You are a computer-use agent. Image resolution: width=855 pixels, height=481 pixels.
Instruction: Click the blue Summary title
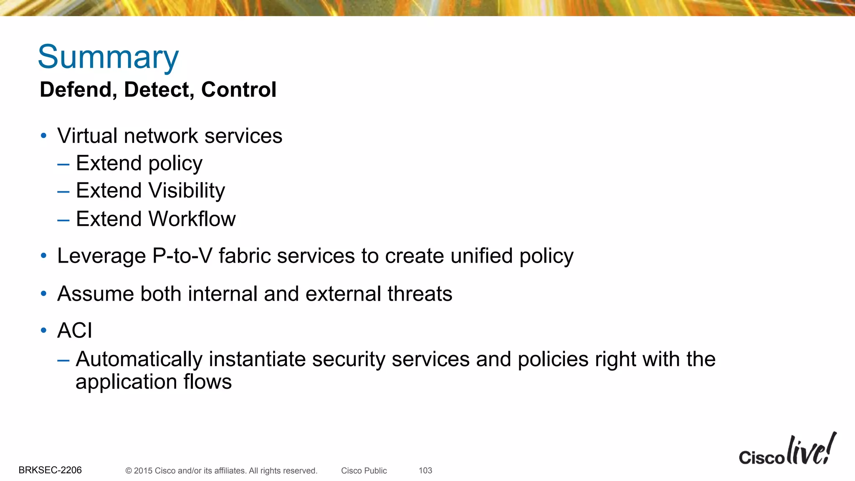[x=108, y=57]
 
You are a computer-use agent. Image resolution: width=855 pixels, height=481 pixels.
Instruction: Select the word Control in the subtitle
[x=239, y=90]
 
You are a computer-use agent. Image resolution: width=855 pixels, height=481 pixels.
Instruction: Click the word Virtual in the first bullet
[x=87, y=136]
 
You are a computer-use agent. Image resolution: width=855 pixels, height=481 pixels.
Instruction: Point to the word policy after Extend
[x=175, y=164]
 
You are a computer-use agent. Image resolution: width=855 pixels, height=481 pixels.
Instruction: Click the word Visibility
[x=187, y=191]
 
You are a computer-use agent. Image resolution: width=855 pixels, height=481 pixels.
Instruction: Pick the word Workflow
[x=192, y=219]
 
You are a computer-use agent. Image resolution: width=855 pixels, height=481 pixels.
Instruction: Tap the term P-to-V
[x=182, y=256]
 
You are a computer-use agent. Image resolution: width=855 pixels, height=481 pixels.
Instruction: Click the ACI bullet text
[x=74, y=331]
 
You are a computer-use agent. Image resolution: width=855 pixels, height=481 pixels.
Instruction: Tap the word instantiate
[x=257, y=359]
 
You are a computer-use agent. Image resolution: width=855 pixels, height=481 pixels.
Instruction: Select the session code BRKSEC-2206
[x=50, y=470]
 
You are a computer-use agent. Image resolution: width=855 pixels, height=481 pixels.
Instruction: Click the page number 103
[x=425, y=471]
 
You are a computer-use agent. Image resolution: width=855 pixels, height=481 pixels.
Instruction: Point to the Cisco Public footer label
[x=364, y=471]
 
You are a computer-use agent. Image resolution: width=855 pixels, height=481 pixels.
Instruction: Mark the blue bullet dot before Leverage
[x=44, y=256]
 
